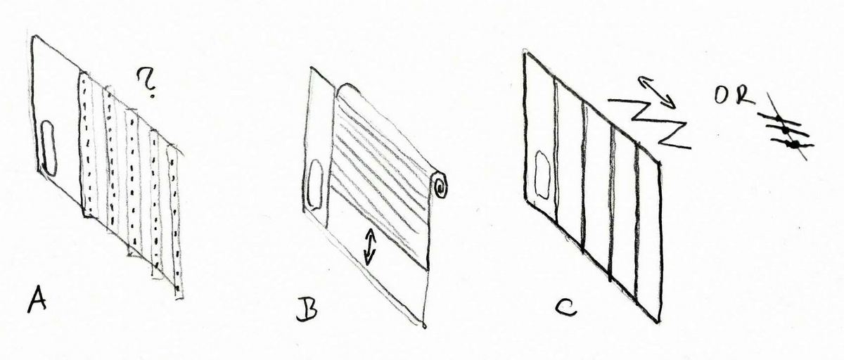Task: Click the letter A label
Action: pyautogui.click(x=37, y=300)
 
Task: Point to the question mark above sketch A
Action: pyautogui.click(x=147, y=84)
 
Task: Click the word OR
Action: pyautogui.click(x=735, y=96)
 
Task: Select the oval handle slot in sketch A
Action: pyautogui.click(x=49, y=149)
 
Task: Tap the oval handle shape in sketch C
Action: pyautogui.click(x=542, y=175)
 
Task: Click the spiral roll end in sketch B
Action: pyautogui.click(x=440, y=185)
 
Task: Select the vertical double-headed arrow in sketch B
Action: pyautogui.click(x=370, y=247)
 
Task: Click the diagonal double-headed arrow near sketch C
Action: pyautogui.click(x=656, y=92)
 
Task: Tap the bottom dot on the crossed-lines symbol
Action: pyautogui.click(x=794, y=144)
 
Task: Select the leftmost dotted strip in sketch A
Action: pyautogui.click(x=87, y=145)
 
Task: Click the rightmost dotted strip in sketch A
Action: pyautogui.click(x=174, y=222)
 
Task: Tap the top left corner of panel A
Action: pyautogui.click(x=34, y=37)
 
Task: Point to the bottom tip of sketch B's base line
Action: pyautogui.click(x=424, y=327)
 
